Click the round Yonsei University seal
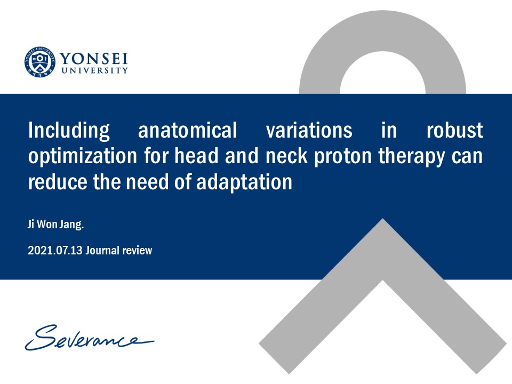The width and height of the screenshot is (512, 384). point(40,62)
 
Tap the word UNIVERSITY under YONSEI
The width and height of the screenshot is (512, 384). point(95,70)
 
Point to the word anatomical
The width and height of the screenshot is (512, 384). point(187,130)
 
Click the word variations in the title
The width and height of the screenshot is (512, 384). point(309,130)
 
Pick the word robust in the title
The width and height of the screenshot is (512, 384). point(454,130)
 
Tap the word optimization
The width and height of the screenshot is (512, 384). point(82,156)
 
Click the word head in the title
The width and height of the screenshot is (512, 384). point(196,156)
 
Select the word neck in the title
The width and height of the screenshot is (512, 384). point(286,156)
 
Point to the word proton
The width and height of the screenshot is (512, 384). point(343,157)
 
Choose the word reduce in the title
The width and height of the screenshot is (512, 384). point(58,182)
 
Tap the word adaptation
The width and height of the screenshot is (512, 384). point(244,182)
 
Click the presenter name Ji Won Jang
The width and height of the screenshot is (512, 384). point(56,225)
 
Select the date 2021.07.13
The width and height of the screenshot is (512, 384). point(55,251)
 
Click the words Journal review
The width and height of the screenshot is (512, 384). point(119,251)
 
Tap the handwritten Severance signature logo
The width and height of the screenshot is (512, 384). point(90,337)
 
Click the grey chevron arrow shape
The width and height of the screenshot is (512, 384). point(383,250)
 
